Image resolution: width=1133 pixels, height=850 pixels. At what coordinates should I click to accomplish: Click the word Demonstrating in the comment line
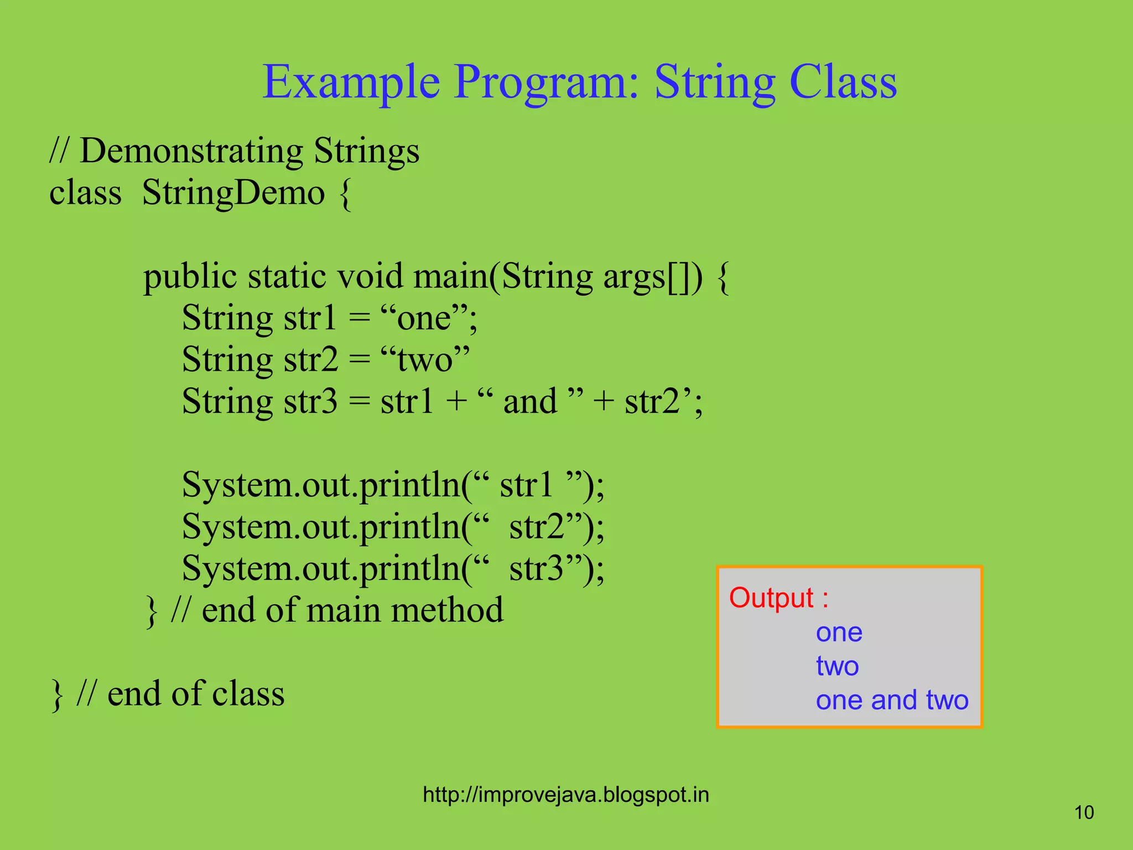(191, 151)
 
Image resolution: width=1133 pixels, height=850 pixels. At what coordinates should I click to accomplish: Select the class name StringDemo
(233, 193)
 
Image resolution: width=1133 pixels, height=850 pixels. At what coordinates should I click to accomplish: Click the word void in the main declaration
(370, 276)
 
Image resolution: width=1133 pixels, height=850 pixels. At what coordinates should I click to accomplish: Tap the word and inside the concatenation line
(529, 402)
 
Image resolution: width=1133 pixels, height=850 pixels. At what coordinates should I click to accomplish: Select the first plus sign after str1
(456, 402)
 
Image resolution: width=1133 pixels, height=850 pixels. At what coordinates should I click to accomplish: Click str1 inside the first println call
(526, 485)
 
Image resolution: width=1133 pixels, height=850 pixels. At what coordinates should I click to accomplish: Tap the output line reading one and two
(892, 700)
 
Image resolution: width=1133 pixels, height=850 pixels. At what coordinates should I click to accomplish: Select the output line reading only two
(837, 666)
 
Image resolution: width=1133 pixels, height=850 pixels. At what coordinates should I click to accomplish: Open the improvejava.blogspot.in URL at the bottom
(565, 795)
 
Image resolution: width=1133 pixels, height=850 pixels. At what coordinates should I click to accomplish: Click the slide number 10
(1084, 812)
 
